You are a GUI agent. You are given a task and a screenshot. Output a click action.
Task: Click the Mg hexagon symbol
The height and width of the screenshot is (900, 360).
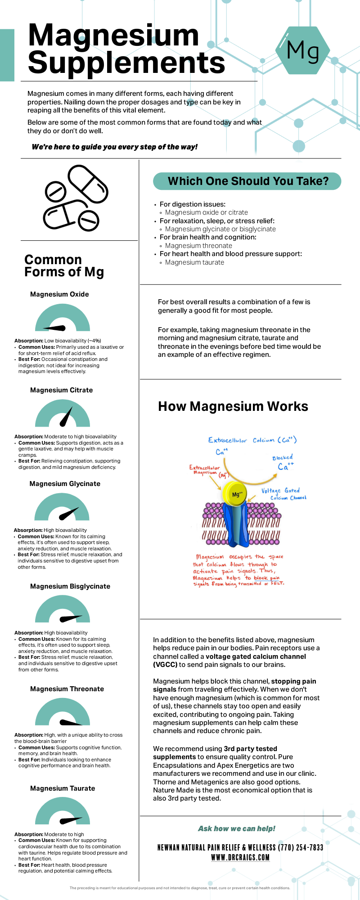click(x=302, y=50)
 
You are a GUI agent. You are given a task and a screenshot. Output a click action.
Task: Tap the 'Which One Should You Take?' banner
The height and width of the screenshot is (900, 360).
click(x=247, y=181)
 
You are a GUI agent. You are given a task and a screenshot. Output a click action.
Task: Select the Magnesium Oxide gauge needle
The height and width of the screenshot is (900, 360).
click(x=55, y=328)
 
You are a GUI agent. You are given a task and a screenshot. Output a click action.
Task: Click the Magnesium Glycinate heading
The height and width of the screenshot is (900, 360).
click(x=65, y=484)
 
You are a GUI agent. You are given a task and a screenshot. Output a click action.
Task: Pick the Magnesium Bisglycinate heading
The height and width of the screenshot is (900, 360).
click(x=70, y=586)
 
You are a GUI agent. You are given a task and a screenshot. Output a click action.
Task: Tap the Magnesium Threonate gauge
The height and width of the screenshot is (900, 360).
click(x=63, y=712)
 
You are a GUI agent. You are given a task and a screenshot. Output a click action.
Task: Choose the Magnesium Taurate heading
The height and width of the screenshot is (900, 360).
click(x=63, y=788)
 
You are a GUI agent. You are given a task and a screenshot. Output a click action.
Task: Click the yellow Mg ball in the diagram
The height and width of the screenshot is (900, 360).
click(x=235, y=494)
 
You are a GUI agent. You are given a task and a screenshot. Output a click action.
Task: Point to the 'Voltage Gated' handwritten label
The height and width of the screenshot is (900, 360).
click(x=280, y=490)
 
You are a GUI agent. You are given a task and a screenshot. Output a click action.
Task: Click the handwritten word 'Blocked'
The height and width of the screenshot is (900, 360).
click(x=283, y=458)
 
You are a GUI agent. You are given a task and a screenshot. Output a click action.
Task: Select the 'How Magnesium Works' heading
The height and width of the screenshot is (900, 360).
click(x=233, y=407)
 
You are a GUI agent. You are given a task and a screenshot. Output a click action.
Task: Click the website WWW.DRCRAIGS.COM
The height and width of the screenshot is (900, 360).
click(x=240, y=858)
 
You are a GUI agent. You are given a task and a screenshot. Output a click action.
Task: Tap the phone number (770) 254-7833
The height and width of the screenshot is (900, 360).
click(x=301, y=848)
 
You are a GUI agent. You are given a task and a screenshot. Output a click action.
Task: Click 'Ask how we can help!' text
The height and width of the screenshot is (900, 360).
click(x=237, y=829)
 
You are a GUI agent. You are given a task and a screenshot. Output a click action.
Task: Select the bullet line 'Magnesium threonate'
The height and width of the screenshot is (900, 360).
click(x=198, y=246)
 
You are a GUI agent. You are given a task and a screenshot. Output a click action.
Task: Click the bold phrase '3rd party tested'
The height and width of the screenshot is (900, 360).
click(x=250, y=749)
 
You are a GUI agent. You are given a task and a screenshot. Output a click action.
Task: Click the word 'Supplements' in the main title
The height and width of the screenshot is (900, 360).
click(x=126, y=63)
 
